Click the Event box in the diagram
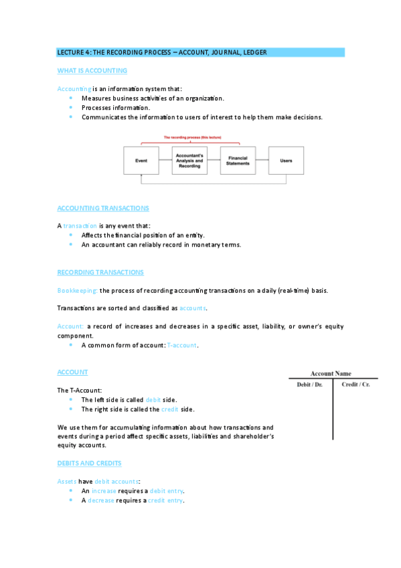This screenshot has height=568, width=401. pyautogui.click(x=141, y=161)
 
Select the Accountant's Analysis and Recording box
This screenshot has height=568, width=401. pyautogui.click(x=189, y=161)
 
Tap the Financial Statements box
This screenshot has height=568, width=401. pyautogui.click(x=238, y=161)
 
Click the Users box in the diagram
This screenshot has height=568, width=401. pyautogui.click(x=286, y=161)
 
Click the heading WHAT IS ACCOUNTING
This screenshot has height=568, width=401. pyautogui.click(x=92, y=70)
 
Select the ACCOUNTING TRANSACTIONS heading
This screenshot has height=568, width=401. pyautogui.click(x=103, y=208)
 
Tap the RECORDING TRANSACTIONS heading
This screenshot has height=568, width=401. pyautogui.click(x=100, y=272)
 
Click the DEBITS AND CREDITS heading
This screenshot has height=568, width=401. pyautogui.click(x=89, y=463)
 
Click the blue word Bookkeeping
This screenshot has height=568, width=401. pyautogui.click(x=78, y=291)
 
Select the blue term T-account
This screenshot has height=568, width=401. pyautogui.click(x=181, y=345)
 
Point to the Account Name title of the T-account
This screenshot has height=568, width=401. pyautogui.click(x=330, y=374)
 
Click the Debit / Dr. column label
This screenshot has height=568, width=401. pyautogui.click(x=310, y=384)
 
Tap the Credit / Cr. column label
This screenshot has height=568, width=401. pyautogui.click(x=355, y=384)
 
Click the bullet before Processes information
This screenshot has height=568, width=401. pyautogui.click(x=70, y=107)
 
